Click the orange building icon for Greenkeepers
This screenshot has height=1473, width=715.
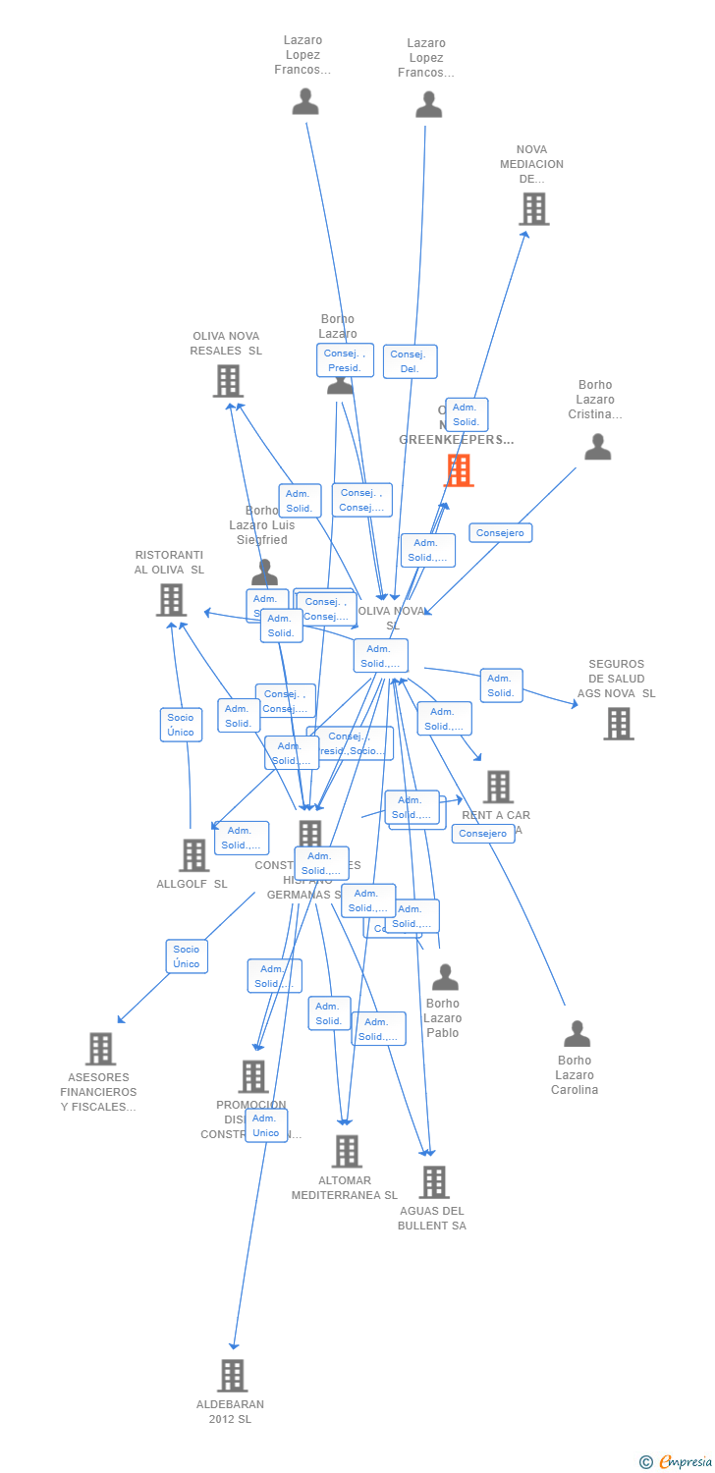tap(459, 470)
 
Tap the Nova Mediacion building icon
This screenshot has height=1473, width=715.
tap(533, 209)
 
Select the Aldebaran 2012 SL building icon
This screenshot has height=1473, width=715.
tap(232, 1376)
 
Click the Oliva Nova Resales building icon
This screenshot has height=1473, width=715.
tap(228, 381)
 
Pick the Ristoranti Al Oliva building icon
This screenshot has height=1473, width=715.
tap(171, 600)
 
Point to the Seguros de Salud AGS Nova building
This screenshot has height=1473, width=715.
tap(618, 724)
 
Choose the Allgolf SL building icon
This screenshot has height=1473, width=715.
tap(193, 855)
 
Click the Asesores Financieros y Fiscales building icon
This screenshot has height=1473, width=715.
tap(100, 1049)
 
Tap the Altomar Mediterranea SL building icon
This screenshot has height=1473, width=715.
tap(346, 1152)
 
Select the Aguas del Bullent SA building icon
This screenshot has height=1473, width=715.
tap(434, 1182)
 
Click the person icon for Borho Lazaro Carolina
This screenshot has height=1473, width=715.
tap(577, 1034)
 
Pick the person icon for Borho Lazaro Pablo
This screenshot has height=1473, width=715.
tap(445, 977)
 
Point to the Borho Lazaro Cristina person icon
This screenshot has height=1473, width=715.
tap(597, 448)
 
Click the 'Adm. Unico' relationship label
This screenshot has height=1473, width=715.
tap(265, 1125)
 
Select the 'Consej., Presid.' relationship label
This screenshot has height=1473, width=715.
tap(345, 360)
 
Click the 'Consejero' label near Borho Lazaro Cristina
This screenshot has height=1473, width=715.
tap(500, 533)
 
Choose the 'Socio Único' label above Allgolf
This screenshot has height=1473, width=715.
tap(181, 725)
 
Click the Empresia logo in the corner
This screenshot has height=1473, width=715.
tap(677, 1462)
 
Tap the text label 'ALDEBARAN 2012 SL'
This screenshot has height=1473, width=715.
tap(230, 1411)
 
